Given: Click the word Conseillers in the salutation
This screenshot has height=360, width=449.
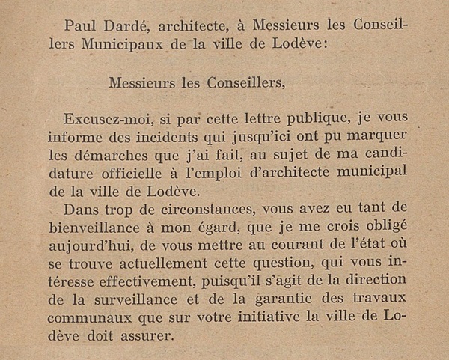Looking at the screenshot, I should [242, 82].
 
